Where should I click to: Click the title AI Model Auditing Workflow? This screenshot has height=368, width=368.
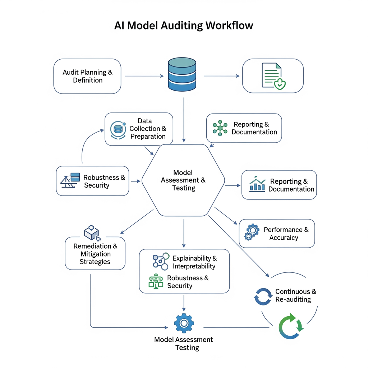pyautogui.click(x=184, y=26)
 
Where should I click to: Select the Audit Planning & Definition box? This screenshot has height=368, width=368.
pyautogui.click(x=87, y=76)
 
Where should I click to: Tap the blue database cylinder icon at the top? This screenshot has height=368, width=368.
pyautogui.click(x=182, y=74)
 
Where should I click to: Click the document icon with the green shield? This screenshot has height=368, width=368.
pyautogui.click(x=273, y=76)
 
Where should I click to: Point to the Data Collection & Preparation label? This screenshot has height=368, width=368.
pyautogui.click(x=148, y=129)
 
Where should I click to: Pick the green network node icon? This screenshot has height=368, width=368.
pyautogui.click(x=220, y=128)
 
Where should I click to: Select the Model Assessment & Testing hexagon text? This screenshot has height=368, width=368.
pyautogui.click(x=183, y=180)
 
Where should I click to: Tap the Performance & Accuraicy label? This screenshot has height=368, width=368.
pyautogui.click(x=286, y=234)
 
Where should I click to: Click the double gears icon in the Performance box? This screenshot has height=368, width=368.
pyautogui.click(x=252, y=232)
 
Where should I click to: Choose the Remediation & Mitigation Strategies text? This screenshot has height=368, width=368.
pyautogui.click(x=95, y=254)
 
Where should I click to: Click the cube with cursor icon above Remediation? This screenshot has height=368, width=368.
pyautogui.click(x=92, y=233)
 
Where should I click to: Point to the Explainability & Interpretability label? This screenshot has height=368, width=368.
pyautogui.click(x=194, y=262)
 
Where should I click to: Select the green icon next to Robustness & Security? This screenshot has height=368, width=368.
pyautogui.click(x=156, y=281)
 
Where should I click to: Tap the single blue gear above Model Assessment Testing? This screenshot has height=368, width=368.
pyautogui.click(x=184, y=323)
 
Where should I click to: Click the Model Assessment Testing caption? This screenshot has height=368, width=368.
pyautogui.click(x=183, y=344)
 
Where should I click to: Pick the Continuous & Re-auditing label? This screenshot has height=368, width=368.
pyautogui.click(x=295, y=295)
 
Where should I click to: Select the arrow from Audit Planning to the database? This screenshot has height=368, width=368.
pyautogui.click(x=144, y=76)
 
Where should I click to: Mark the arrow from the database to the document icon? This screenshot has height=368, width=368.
pyautogui.click(x=221, y=76)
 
